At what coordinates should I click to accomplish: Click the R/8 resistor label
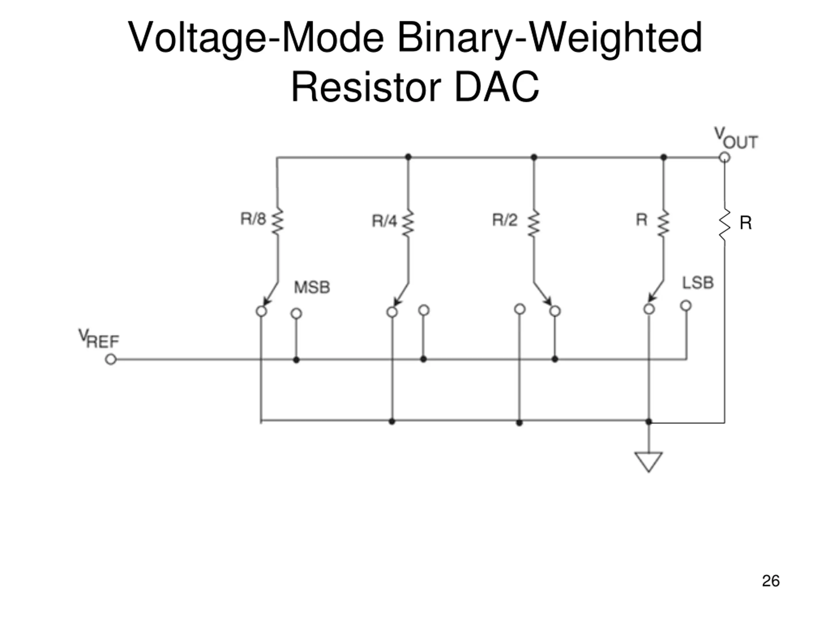coord(253,219)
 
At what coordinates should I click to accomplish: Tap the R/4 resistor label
coord(384,221)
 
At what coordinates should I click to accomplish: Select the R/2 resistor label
coord(505,220)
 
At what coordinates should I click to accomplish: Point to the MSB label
coord(312,287)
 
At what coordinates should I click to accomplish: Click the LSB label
coord(697,283)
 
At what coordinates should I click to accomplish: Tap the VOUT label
coord(735,138)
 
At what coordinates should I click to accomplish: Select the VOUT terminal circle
coord(725,157)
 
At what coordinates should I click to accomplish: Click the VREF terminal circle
coord(111,360)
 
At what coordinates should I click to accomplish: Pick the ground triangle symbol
coord(648,462)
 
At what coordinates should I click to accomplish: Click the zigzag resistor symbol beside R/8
coord(278,222)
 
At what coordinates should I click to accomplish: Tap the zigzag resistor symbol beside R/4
coord(408,224)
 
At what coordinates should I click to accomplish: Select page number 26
coord(771,581)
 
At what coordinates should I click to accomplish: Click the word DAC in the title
coord(496,87)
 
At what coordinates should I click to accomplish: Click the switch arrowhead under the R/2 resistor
coord(548,301)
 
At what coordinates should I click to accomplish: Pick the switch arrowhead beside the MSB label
coord(267,301)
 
